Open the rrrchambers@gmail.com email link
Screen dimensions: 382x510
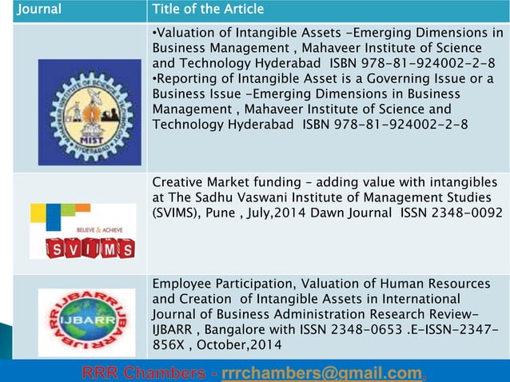321,372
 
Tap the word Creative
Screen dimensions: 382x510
176,184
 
